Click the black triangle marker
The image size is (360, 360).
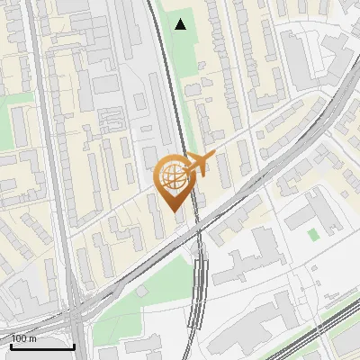[181, 24]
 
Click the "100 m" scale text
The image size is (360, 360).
[23, 338]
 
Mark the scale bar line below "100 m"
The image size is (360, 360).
[42, 346]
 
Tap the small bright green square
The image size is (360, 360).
[312, 234]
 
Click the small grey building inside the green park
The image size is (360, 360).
[141, 292]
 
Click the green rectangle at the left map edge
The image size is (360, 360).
[18, 126]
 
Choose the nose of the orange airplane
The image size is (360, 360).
[213, 156]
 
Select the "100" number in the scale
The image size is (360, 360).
[18, 338]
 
